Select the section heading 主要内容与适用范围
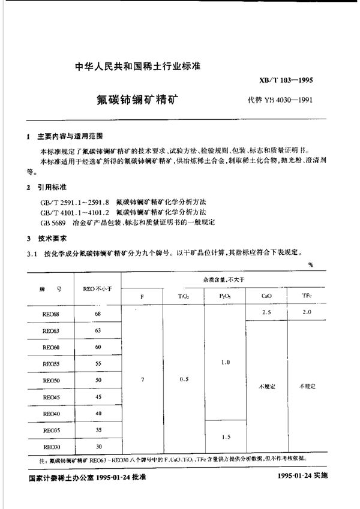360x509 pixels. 70,136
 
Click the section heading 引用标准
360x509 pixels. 50,188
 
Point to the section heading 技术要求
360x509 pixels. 50,237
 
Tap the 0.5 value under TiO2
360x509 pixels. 183,380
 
